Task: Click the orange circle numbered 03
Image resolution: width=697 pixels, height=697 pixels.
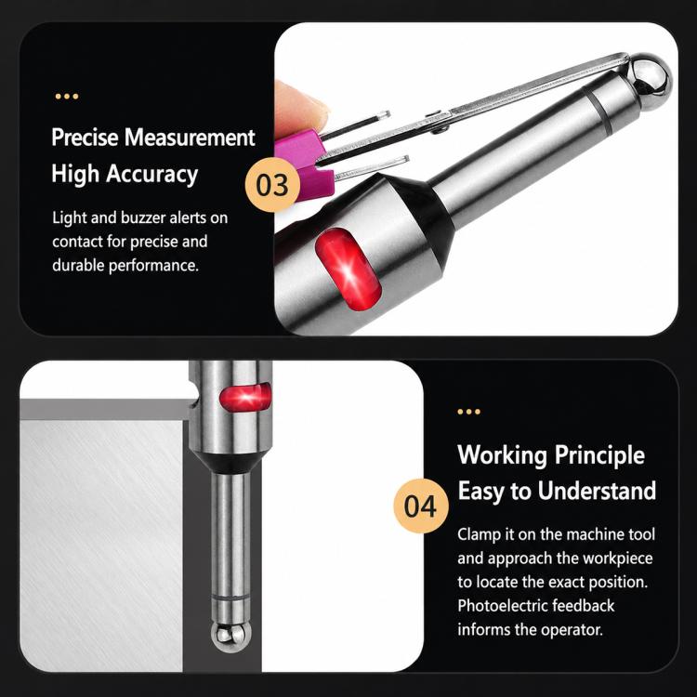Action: (x=272, y=185)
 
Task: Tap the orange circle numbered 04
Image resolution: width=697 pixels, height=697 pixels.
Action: (x=420, y=506)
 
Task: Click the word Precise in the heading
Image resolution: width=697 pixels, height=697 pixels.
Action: (x=85, y=137)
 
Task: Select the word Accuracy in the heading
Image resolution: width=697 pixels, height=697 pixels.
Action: (x=151, y=174)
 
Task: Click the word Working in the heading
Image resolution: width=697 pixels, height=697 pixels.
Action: (x=502, y=455)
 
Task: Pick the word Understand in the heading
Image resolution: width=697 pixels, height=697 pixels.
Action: (x=597, y=491)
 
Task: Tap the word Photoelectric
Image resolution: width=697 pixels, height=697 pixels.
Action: (x=502, y=605)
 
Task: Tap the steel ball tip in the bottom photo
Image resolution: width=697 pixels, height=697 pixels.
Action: (x=230, y=637)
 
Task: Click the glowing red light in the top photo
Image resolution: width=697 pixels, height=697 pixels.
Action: (x=348, y=270)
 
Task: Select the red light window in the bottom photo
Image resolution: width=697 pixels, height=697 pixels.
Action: (x=245, y=397)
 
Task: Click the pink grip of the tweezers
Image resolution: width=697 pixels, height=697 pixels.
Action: (x=305, y=164)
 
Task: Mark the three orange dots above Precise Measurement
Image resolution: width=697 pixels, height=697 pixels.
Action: (x=67, y=96)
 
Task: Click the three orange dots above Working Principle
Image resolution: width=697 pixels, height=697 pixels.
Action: (x=469, y=412)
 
